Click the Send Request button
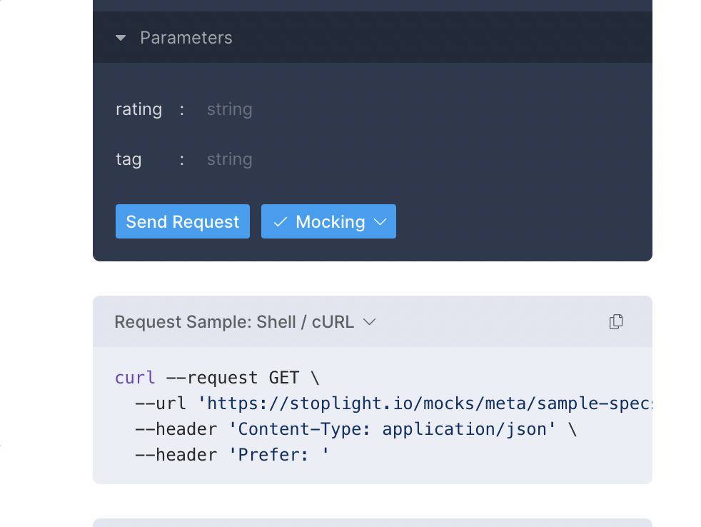(183, 222)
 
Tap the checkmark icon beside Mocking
(280, 222)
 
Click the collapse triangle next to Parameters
(121, 38)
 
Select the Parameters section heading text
(186, 38)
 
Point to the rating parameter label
(138, 109)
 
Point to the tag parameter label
(128, 159)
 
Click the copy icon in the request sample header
(616, 322)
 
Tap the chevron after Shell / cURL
(369, 322)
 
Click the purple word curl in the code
(135, 378)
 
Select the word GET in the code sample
(284, 378)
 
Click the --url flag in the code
(161, 403)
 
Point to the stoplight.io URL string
(428, 403)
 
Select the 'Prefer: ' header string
(279, 455)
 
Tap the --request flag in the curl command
(212, 378)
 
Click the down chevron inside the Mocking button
(380, 222)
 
